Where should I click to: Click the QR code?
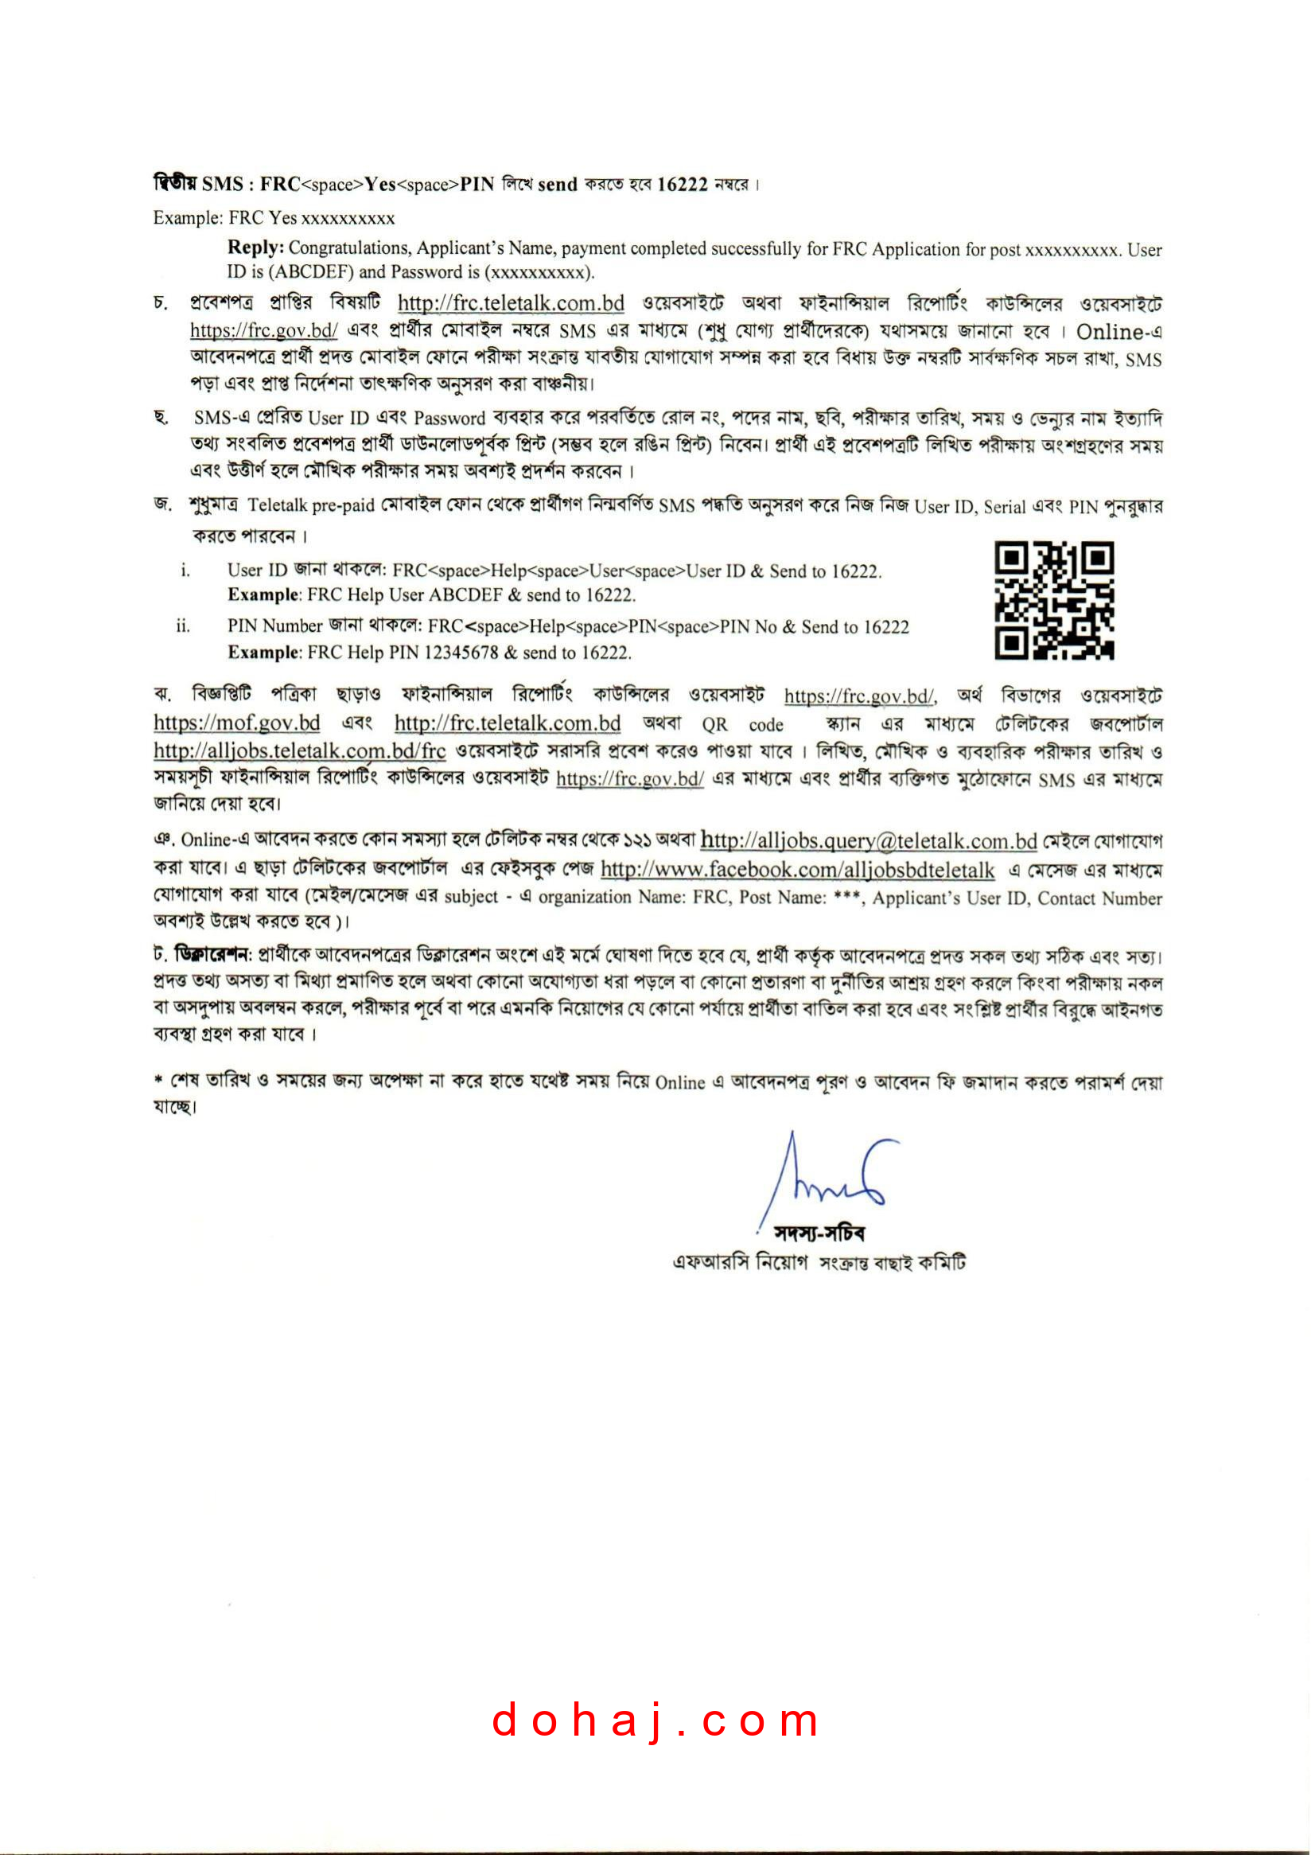tap(1053, 600)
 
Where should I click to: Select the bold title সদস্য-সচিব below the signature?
tap(819, 1233)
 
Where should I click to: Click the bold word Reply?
tap(255, 247)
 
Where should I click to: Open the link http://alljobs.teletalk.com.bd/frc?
tap(299, 750)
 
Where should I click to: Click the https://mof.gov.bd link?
tap(237, 723)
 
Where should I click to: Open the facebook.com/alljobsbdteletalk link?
tap(797, 869)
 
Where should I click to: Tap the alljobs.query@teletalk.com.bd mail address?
tap(869, 841)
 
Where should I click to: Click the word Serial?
tap(1005, 508)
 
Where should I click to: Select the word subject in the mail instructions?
tap(471, 897)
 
